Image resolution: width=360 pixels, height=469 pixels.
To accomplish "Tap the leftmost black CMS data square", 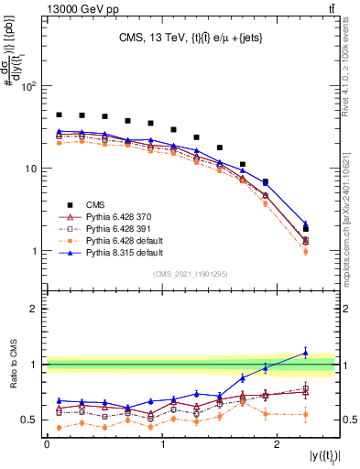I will [x=59, y=115].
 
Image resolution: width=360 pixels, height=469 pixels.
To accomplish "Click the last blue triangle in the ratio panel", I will [x=306, y=353].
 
